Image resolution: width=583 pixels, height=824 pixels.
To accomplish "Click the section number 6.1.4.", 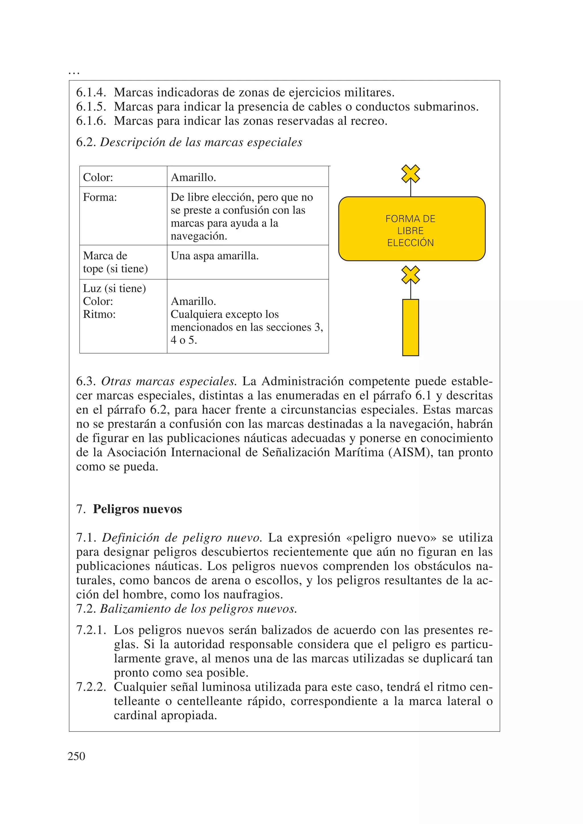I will tap(91, 93).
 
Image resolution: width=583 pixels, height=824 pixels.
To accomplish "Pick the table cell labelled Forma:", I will tap(100, 197).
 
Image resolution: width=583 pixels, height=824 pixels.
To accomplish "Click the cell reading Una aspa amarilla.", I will tap(214, 256).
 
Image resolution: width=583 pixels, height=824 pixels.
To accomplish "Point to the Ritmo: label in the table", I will tap(99, 315).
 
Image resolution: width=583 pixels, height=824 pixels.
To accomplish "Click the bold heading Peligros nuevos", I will tap(137, 509).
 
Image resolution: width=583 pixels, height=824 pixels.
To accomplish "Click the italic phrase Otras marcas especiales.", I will tap(168, 381).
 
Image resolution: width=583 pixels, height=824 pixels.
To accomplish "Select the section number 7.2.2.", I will tap(91, 687).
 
